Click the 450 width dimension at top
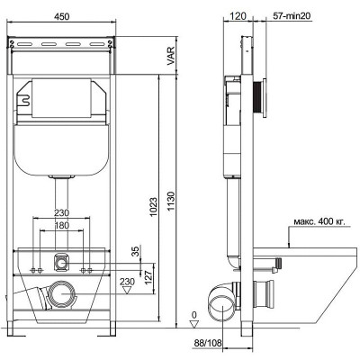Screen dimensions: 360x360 (61, 16)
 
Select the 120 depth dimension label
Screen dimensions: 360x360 (238, 16)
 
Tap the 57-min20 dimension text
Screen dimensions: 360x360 (292, 16)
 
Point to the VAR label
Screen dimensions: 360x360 (170, 56)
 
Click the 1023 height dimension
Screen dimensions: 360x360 (153, 207)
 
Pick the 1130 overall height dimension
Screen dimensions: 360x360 (170, 201)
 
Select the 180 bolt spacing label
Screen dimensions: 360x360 (61, 225)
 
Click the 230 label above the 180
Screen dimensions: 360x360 (61, 212)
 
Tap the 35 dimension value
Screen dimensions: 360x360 (136, 251)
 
